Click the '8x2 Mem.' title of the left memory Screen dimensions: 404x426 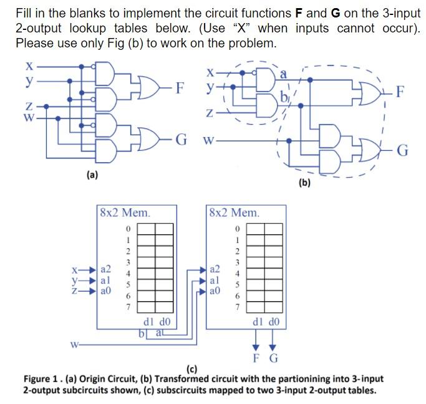[x=125, y=213]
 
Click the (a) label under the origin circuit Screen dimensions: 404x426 [x=92, y=176]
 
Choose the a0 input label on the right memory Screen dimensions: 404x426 [x=215, y=291]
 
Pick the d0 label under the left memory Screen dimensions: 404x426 [x=164, y=322]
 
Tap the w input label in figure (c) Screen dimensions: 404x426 [x=74, y=342]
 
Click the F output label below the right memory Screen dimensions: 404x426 [x=256, y=358]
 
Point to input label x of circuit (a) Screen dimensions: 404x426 [x=28, y=65]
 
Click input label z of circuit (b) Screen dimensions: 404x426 [x=211, y=113]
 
